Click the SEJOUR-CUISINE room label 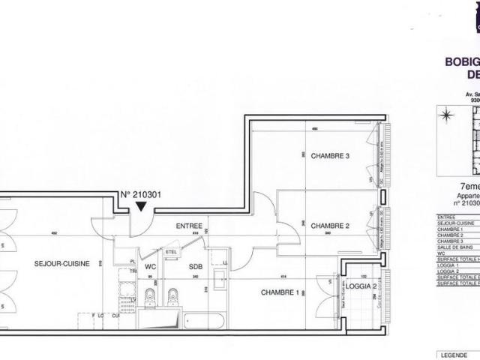[61, 264]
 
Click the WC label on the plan [150, 266]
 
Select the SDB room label [196, 266]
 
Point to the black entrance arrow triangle [140, 208]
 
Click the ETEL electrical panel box [171, 252]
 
